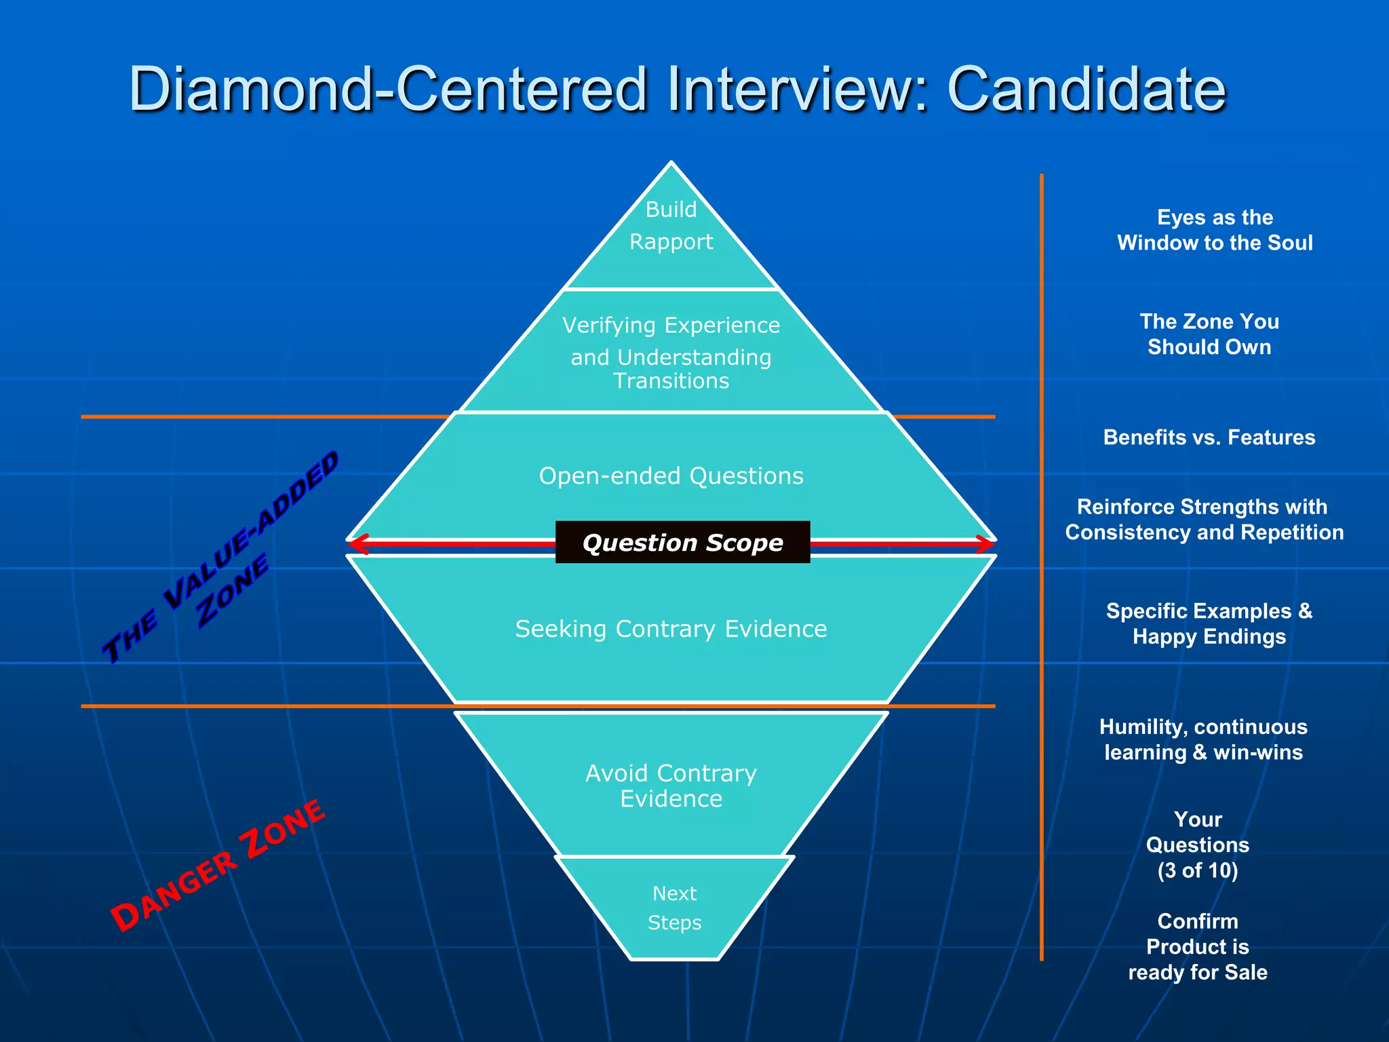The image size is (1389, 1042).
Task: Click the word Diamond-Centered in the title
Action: pyautogui.click(x=387, y=90)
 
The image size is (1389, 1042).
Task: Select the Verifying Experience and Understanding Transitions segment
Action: pyautogui.click(x=671, y=353)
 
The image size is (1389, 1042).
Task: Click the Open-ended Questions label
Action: pyautogui.click(x=671, y=476)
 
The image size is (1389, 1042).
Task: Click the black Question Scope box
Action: pyautogui.click(x=682, y=543)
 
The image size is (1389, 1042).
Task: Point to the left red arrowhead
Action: pyautogui.click(x=357, y=543)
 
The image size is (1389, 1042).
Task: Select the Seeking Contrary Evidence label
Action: pyautogui.click(x=671, y=630)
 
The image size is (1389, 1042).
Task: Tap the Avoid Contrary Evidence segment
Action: pyautogui.click(x=671, y=786)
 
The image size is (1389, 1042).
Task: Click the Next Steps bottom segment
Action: pyautogui.click(x=674, y=908)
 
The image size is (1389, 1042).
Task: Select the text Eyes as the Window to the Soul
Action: pyautogui.click(x=1215, y=230)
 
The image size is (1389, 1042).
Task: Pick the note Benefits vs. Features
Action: pyautogui.click(x=1209, y=438)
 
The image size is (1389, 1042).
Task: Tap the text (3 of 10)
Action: pyautogui.click(x=1198, y=870)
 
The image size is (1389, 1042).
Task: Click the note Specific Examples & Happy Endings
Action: pyautogui.click(x=1209, y=624)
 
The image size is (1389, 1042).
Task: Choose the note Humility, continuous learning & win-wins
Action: pyautogui.click(x=1203, y=739)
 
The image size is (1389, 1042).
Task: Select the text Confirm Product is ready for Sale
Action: pyautogui.click(x=1198, y=947)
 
